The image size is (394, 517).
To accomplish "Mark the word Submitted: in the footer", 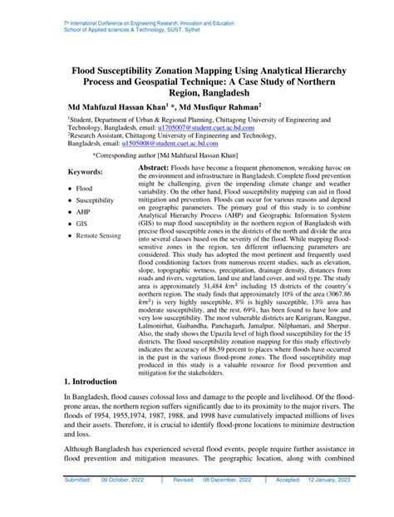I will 81,503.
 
